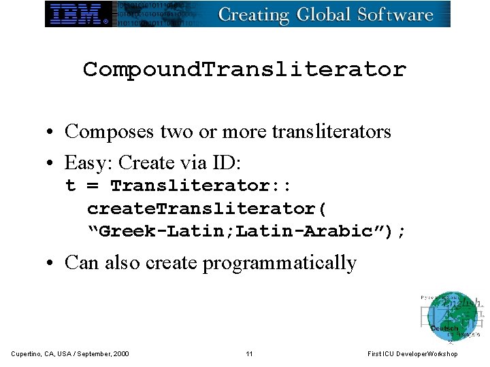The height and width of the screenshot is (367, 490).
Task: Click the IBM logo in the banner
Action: tap(79, 14)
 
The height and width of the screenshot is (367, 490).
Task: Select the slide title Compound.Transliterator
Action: tap(244, 69)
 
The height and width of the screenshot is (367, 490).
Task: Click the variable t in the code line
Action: tap(71, 186)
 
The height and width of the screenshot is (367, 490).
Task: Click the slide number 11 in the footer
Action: tap(249, 353)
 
